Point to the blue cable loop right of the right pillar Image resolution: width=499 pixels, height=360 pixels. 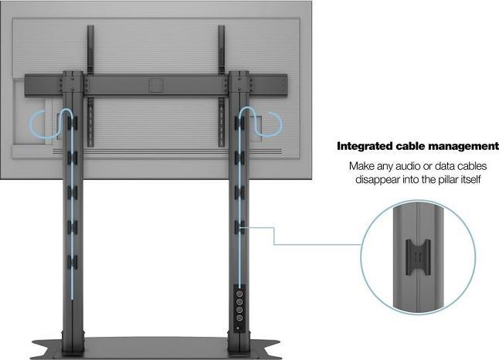275,124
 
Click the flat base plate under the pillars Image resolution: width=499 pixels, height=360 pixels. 154,346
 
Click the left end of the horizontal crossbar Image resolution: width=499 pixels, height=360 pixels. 29,83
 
